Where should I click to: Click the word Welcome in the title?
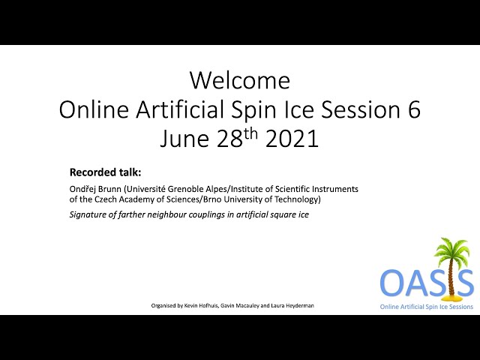pos(240,80)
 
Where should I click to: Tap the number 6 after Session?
pos(414,109)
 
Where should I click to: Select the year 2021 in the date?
pos(292,138)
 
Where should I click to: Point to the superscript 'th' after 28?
pos(250,134)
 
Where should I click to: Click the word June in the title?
pos(184,139)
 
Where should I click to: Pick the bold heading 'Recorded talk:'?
pos(105,172)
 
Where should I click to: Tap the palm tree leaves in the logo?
pos(451,250)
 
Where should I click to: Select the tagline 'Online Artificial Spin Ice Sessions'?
pos(427,307)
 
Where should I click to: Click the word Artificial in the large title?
pos(180,109)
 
